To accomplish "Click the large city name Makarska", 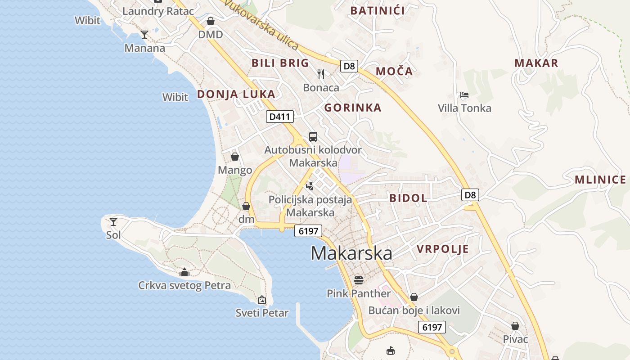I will point(351,253).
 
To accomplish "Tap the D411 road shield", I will point(279,117).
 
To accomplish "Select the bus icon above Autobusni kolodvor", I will point(313,137).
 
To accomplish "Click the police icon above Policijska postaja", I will point(310,185).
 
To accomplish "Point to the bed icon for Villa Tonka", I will point(464,95).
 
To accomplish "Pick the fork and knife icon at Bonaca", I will point(321,74).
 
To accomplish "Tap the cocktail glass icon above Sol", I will point(113,221).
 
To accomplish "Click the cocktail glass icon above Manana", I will point(144,35).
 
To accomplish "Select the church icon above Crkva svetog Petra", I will point(184,272).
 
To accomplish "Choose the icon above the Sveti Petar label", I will point(262,300).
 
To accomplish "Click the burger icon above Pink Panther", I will point(358,280).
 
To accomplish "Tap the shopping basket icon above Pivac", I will point(515,326).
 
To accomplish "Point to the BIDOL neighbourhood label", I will point(408,198).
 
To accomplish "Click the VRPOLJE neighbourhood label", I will point(442,249).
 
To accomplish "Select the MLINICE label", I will point(600,180).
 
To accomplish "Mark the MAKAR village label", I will point(536,63).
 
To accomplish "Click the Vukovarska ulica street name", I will point(261,25).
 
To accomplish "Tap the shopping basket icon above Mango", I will point(234,157).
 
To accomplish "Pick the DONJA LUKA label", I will point(236,94).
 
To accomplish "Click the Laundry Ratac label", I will point(158,11).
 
